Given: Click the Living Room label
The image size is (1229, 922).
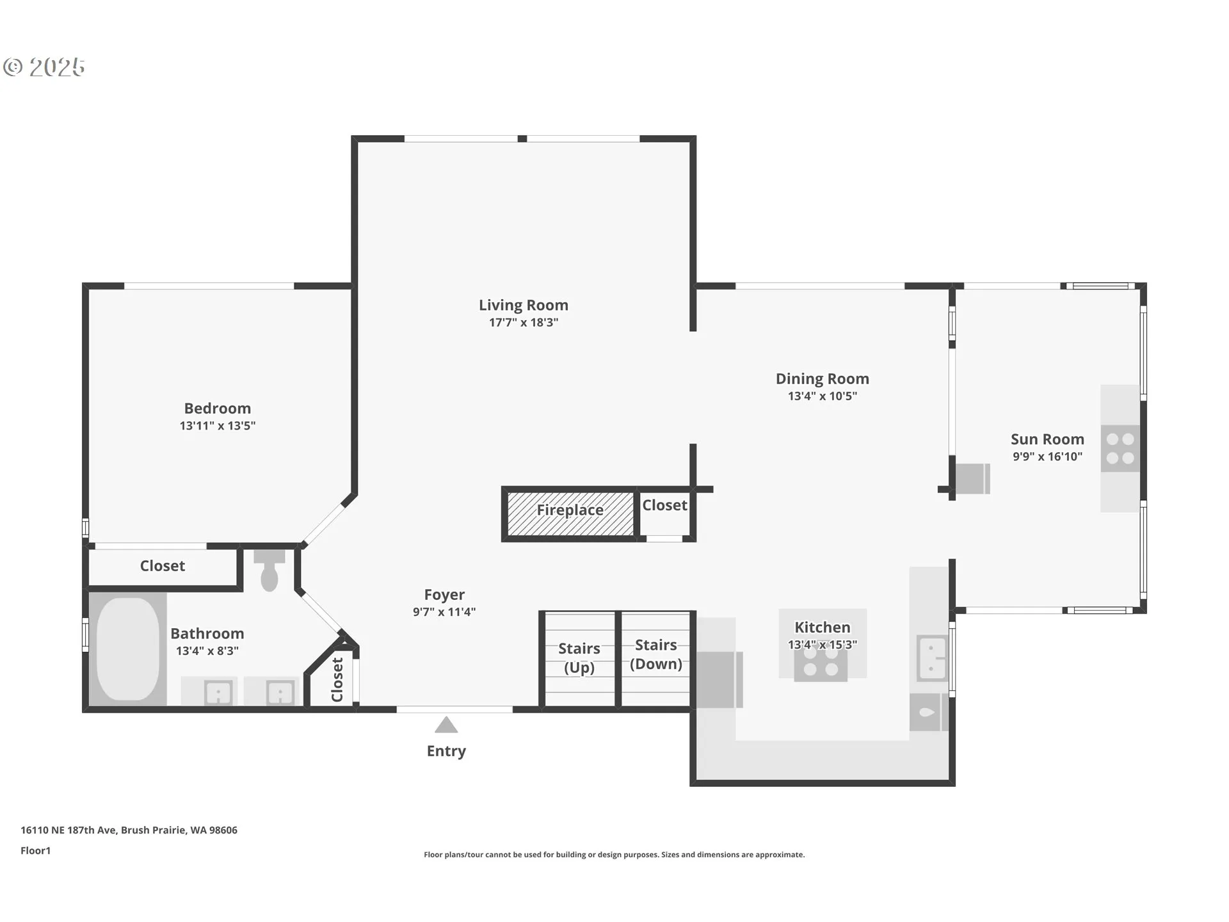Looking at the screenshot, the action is pos(524,305).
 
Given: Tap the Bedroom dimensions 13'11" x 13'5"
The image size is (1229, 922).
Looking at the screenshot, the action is pos(218,426).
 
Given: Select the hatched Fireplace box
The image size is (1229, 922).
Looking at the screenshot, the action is pos(570,514).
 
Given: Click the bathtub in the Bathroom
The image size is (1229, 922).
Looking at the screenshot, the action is pos(128,649).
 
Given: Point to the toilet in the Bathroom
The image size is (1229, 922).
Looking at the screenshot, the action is pos(269,570).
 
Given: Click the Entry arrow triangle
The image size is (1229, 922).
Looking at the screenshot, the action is pos(446,725).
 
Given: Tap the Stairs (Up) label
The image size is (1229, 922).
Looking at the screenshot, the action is pos(579,658).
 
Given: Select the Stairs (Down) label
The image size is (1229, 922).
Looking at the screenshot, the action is pos(656,654).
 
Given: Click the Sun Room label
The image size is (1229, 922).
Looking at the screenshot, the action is pos(1047,439).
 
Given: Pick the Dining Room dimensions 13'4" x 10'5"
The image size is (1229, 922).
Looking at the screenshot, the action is pos(823,396).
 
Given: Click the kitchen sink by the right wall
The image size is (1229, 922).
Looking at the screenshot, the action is pos(932,658).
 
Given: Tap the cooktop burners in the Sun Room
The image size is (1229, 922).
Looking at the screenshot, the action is pos(1120,448).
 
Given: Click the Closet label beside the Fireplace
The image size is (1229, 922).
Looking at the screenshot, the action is pos(664,505).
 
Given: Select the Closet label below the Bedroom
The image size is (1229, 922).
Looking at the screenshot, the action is pos(163,566).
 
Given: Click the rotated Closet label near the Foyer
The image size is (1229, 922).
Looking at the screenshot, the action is pos(337,679).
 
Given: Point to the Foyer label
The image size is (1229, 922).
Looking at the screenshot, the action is pos(444,595).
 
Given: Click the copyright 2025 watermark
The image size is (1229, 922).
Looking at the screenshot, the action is pos(44,67).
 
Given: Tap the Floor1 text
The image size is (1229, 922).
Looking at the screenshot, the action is pos(35,851).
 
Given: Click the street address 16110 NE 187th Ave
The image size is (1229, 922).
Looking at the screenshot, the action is pos(68,830).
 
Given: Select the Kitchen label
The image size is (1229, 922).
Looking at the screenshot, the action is pos(823,627).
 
